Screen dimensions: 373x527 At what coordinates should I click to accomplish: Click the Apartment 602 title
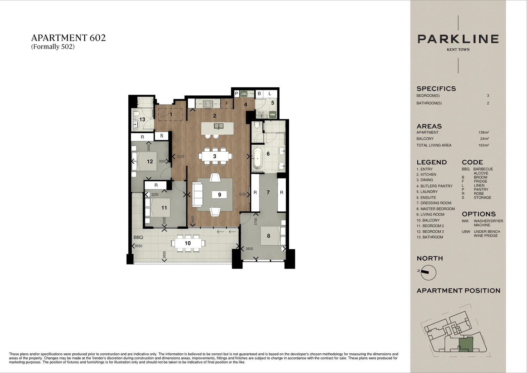click(68, 38)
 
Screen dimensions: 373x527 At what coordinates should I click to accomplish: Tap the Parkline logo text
click(458, 39)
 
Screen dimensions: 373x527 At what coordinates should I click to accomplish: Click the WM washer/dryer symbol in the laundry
click(272, 114)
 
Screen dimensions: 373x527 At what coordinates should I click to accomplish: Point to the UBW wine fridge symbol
click(244, 94)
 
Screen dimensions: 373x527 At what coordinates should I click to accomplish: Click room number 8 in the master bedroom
click(268, 236)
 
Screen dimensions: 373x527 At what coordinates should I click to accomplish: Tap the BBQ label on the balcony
click(138, 238)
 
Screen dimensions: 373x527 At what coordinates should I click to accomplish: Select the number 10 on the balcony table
click(188, 243)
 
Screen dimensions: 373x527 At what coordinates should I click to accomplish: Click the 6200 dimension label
click(180, 156)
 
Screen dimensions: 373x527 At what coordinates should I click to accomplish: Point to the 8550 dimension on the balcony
click(139, 246)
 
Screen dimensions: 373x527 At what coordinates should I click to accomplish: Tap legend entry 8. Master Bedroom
click(435, 209)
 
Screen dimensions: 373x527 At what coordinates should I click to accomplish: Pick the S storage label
click(161, 136)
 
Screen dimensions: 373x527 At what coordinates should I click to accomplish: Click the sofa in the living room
click(198, 194)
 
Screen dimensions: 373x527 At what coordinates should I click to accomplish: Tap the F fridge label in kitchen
click(227, 103)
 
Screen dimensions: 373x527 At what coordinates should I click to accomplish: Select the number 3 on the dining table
click(215, 156)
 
